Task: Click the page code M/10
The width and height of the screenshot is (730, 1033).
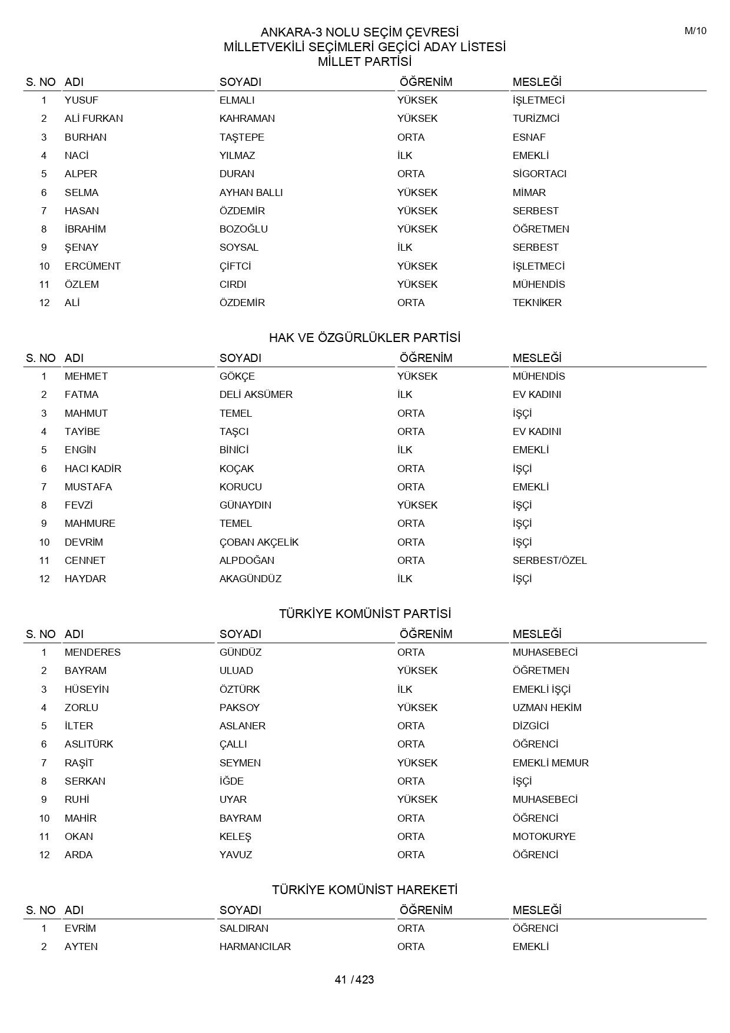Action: point(695,31)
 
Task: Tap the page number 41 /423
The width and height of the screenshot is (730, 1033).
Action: point(354,979)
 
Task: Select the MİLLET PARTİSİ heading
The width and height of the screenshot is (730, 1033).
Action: point(364,62)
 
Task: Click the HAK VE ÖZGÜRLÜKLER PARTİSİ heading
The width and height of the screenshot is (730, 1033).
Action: point(364,338)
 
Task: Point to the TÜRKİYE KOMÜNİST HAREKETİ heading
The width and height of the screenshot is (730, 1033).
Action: point(364,890)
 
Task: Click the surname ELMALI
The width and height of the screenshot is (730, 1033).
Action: point(237,100)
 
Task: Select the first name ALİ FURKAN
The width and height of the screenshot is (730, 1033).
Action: point(94,118)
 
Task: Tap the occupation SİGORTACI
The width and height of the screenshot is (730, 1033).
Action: point(539,174)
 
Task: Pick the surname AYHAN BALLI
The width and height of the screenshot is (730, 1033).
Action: point(251,192)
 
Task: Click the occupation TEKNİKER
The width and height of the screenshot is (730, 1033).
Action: point(537,303)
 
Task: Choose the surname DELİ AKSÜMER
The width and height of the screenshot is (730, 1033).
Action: point(255,394)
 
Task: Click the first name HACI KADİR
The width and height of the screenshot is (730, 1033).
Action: point(92,469)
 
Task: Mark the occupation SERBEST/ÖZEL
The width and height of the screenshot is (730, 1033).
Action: point(549,560)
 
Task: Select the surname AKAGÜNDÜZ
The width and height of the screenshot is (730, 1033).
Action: point(250,579)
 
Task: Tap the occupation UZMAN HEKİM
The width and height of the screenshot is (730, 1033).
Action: point(547,708)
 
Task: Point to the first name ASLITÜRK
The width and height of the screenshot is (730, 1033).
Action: point(88,744)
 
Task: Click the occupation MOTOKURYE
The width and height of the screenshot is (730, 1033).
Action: point(544,836)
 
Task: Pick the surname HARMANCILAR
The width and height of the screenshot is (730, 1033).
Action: point(255,946)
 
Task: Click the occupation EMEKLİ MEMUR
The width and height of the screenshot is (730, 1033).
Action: point(550,763)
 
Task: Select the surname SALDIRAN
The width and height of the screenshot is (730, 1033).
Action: point(244,928)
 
